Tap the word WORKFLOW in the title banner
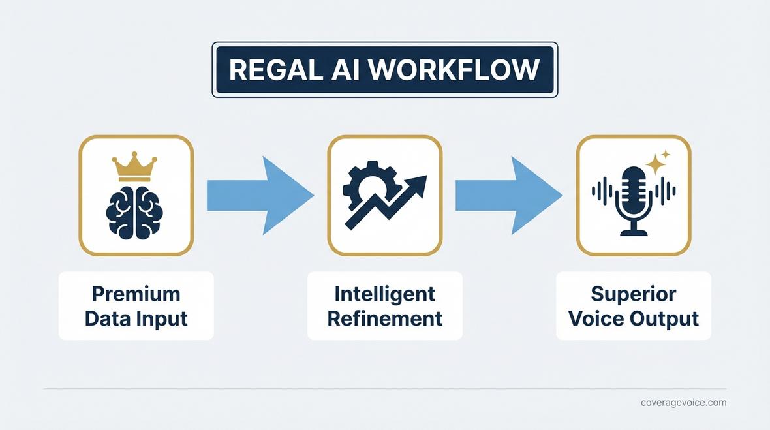pos(454,70)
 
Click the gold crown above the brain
pos(134,167)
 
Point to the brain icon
pos(134,213)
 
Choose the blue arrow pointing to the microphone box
pos(508,195)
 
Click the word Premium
pos(136,294)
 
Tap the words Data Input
pos(136,318)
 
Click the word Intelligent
pos(384,294)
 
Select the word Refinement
pos(384,318)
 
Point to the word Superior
pos(633,294)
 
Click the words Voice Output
pos(633,318)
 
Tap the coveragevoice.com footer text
pos(683,403)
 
